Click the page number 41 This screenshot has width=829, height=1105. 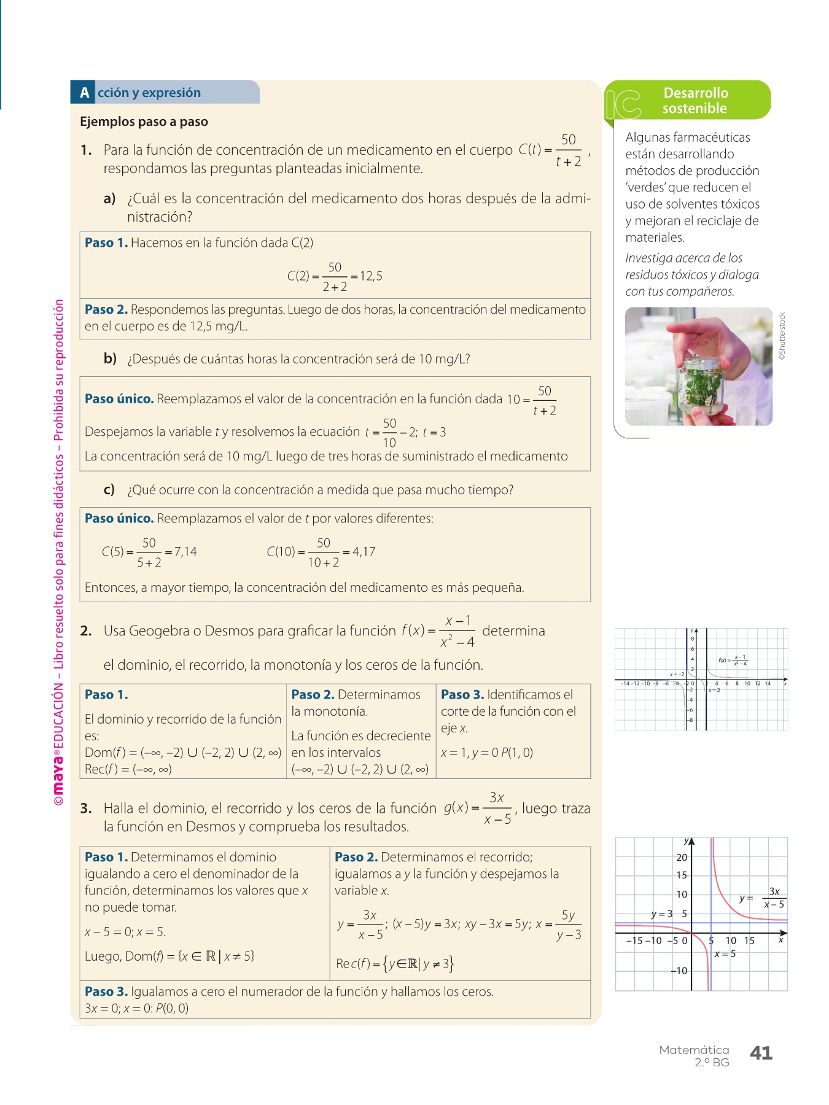(761, 1053)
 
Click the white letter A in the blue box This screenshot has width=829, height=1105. (84, 93)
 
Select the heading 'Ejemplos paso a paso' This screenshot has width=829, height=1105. (144, 122)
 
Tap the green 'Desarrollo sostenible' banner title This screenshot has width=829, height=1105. (695, 101)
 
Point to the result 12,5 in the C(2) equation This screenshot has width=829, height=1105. (372, 276)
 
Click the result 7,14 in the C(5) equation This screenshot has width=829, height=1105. (185, 551)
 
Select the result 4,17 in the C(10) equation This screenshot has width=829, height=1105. (364, 551)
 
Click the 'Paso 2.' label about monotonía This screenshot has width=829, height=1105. (313, 694)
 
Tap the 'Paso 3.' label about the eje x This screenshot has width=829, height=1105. (462, 694)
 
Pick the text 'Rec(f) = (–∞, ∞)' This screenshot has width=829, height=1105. (128, 769)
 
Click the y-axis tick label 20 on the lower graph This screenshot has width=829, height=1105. (682, 858)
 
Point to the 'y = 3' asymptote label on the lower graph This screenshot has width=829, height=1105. (661, 914)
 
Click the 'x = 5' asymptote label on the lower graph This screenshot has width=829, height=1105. (725, 954)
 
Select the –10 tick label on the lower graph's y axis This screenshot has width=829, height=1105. (679, 971)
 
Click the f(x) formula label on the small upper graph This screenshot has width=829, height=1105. (733, 661)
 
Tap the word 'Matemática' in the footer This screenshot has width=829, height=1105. (694, 1050)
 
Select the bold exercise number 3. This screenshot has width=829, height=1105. (86, 808)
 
